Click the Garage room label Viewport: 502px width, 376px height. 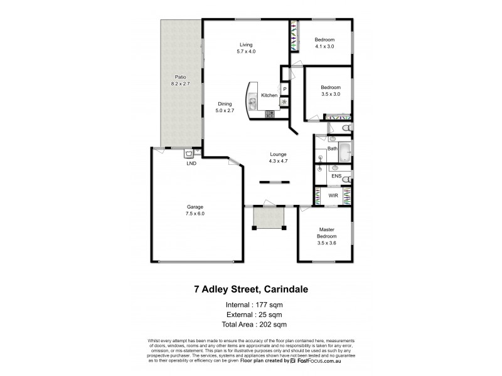[x=195, y=207]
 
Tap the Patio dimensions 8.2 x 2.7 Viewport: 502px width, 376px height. [x=180, y=83]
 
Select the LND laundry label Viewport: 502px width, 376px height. [x=191, y=163]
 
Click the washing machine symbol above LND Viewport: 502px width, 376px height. [x=189, y=152]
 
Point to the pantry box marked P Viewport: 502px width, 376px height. [x=284, y=90]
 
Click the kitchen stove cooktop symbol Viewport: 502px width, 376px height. [x=270, y=114]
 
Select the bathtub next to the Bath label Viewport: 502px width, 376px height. [x=344, y=151]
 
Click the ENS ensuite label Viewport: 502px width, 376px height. [x=336, y=177]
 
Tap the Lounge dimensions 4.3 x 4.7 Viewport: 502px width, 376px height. [x=278, y=160]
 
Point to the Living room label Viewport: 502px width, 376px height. [x=245, y=44]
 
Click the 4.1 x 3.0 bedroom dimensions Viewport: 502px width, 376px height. [x=324, y=46]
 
